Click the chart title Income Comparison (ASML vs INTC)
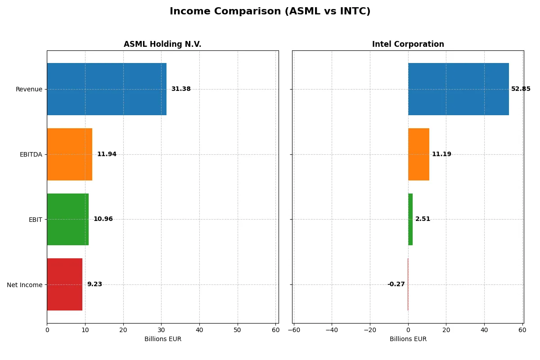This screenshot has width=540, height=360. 270,12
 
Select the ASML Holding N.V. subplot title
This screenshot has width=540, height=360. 162,44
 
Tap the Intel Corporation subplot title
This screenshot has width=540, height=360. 408,44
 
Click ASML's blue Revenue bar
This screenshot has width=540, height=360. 107,89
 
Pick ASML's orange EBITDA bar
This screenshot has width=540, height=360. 69,154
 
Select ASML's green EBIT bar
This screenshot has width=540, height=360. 67,219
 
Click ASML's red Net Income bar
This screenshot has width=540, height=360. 64,284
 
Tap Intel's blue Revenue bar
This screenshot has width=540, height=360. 458,89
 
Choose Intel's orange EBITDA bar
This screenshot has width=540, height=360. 418,154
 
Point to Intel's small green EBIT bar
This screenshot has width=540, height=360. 410,219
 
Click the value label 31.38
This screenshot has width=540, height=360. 181,89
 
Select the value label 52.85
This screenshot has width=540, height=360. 521,89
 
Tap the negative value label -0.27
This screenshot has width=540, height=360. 396,284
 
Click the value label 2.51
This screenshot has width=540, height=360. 423,219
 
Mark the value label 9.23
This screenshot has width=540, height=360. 94,284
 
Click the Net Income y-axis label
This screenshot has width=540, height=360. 25,285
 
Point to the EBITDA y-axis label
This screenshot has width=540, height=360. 31,154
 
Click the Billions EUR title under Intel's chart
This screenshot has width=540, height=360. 408,339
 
